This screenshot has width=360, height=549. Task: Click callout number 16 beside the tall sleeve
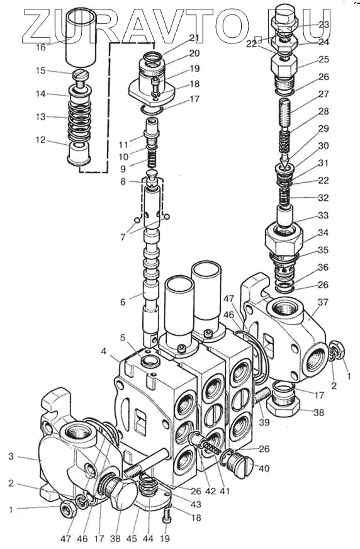click(x=41, y=47)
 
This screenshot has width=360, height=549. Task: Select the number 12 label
click(x=40, y=140)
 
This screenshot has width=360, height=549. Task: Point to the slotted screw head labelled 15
click(x=81, y=75)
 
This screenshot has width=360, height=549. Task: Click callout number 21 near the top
click(x=194, y=38)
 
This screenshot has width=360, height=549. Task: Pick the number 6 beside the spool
click(x=123, y=302)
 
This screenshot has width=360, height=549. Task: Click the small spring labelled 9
click(x=151, y=160)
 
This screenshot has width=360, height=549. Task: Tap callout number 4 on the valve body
click(x=104, y=351)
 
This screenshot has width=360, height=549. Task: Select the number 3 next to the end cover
click(x=11, y=456)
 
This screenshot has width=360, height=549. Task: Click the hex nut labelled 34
click(x=283, y=241)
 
